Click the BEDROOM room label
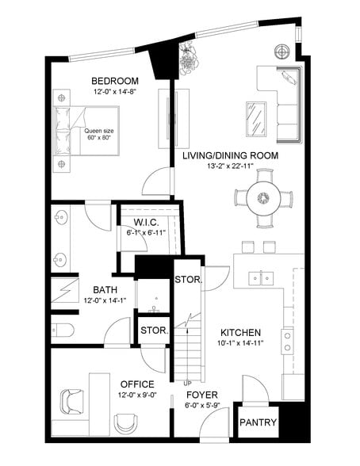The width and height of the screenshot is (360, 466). click(115, 81)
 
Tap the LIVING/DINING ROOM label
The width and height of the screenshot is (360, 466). click(229, 155)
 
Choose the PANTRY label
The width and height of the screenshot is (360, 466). click(259, 422)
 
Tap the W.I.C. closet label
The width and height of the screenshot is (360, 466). click(147, 221)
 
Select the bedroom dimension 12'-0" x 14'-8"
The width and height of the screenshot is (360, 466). click(115, 92)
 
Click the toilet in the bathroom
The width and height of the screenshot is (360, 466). click(64, 329)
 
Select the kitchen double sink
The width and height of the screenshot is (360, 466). click(262, 278)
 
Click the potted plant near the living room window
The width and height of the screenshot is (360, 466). click(189, 56)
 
